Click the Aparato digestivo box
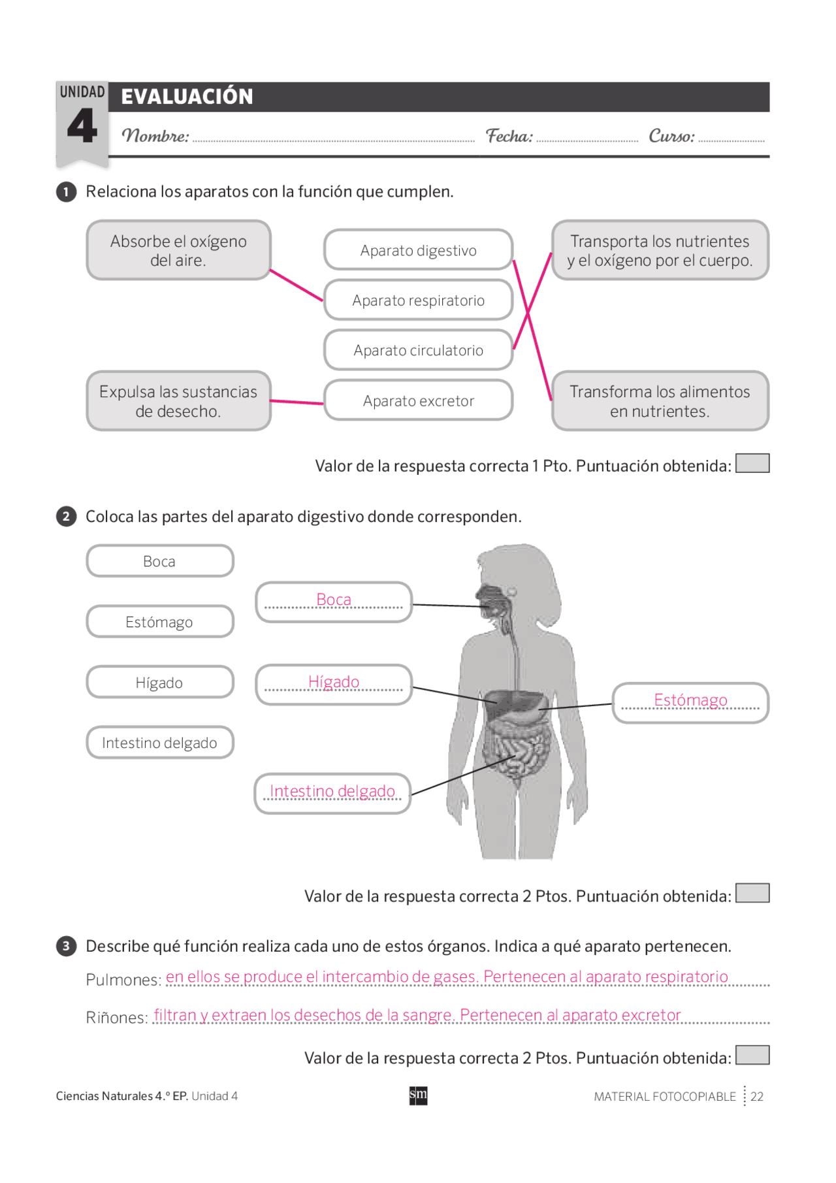418,250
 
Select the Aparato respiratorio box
418,300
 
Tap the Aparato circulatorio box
418,350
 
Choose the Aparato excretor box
418,400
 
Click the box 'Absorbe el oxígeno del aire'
178,251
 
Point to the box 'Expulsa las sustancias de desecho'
178,401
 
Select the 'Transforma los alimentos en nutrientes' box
660,401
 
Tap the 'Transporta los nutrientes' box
660,251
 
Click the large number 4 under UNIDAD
82,127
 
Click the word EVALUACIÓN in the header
187,97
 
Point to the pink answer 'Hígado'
334,682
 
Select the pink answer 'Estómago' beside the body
690,700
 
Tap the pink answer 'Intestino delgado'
332,791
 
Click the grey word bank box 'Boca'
159,561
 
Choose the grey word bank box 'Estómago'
159,622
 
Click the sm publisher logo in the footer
418,1095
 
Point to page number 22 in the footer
757,1097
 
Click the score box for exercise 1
752,463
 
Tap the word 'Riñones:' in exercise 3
117,1018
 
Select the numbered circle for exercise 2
66,517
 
